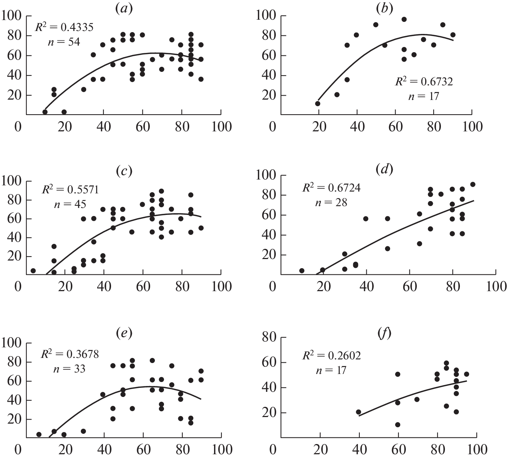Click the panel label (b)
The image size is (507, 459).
pos(385,8)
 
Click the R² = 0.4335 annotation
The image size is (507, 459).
pos(64,27)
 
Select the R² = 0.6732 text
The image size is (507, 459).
pos(424,81)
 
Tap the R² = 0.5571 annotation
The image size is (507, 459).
pos(70,189)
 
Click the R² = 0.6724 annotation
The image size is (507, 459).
pos(331,188)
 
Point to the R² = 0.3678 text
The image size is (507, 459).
pos(70,354)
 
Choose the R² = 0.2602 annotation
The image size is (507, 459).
pos(331,355)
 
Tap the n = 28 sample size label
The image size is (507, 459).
pos(331,202)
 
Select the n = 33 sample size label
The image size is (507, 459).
pos(69,369)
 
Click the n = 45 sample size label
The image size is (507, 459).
pos(70,204)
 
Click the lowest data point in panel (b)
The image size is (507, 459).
pos(318,104)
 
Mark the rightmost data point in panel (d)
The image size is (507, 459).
pos(473,184)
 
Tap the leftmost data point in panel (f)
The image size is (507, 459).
pos(359,412)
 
